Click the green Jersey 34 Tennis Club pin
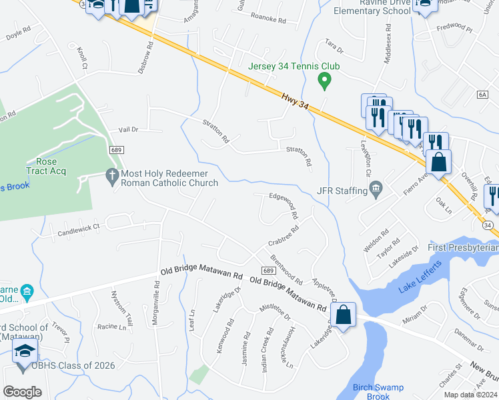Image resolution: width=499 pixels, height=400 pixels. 325,81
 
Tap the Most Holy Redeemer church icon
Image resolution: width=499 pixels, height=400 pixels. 112,175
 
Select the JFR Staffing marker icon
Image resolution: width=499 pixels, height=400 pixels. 376,190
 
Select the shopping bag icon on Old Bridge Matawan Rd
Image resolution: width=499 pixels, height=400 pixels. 343,315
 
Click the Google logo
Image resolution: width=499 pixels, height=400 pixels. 22,392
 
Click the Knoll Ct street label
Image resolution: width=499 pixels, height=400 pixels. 82,57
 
